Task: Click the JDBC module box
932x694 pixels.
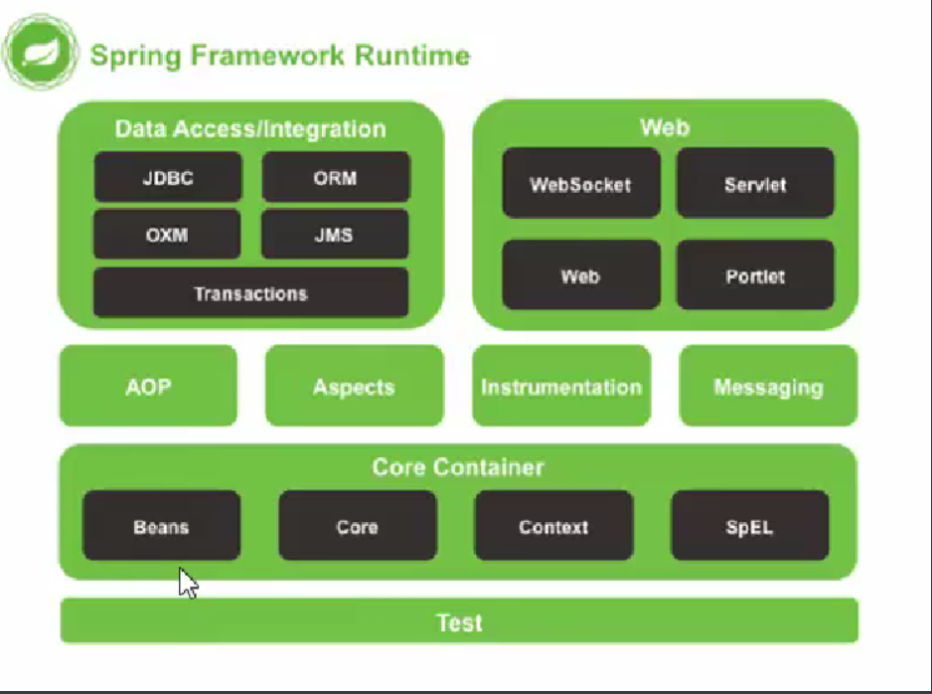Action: [167, 178]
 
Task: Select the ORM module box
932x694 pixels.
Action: [335, 178]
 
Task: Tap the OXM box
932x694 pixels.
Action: [167, 236]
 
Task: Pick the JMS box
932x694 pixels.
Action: [335, 236]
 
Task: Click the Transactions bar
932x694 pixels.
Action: [250, 293]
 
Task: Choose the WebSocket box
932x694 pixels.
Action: [580, 184]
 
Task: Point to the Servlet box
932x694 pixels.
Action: [755, 184]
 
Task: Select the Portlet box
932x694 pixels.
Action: [755, 275]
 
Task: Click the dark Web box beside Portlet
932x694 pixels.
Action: [580, 275]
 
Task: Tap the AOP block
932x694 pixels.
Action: [148, 386]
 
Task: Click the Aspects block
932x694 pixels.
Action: [354, 386]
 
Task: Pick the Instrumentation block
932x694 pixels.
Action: [561, 386]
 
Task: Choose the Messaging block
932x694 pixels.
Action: [768, 386]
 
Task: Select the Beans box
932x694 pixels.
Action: [161, 526]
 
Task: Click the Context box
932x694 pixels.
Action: [553, 526]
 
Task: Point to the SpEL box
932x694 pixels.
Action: [749, 526]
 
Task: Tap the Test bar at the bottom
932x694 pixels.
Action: [459, 622]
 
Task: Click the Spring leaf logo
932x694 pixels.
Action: [40, 53]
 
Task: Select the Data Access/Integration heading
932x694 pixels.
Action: [250, 129]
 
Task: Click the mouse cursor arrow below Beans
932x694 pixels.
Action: [188, 583]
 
